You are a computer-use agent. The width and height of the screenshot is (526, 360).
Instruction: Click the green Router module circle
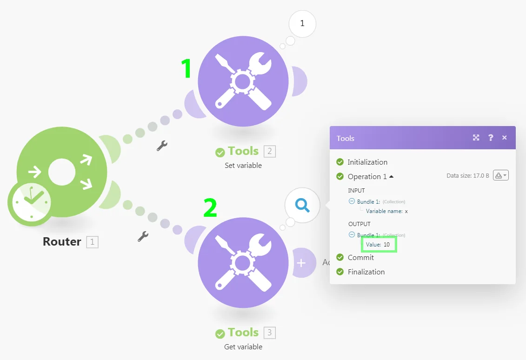[62, 172]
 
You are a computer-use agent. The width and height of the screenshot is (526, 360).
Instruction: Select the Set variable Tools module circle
[243, 81]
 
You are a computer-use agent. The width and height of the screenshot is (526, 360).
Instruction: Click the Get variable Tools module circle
[243, 262]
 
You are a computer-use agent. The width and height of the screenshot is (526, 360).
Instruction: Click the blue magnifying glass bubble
[302, 205]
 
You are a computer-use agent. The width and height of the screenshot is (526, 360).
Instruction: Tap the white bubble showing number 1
[302, 23]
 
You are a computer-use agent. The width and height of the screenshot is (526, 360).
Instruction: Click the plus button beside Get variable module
[301, 263]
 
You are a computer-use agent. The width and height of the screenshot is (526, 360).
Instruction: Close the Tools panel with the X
[504, 138]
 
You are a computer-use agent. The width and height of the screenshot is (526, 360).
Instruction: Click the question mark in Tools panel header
[491, 138]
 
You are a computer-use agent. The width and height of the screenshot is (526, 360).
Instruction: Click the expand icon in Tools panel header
[476, 138]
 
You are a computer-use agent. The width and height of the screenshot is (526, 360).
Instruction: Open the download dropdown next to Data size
[501, 175]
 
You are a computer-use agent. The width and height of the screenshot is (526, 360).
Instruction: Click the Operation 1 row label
[367, 176]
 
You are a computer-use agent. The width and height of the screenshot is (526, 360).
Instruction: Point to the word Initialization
[367, 162]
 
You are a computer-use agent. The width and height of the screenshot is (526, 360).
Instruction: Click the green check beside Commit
[340, 257]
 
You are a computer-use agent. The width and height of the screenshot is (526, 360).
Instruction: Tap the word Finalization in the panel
[366, 272]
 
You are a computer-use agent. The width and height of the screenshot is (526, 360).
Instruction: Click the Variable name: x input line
[387, 211]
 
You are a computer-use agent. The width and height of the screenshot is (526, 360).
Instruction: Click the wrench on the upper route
[162, 146]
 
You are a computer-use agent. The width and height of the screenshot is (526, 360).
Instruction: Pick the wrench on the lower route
[143, 237]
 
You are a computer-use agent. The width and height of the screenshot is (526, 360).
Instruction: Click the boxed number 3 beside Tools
[269, 333]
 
